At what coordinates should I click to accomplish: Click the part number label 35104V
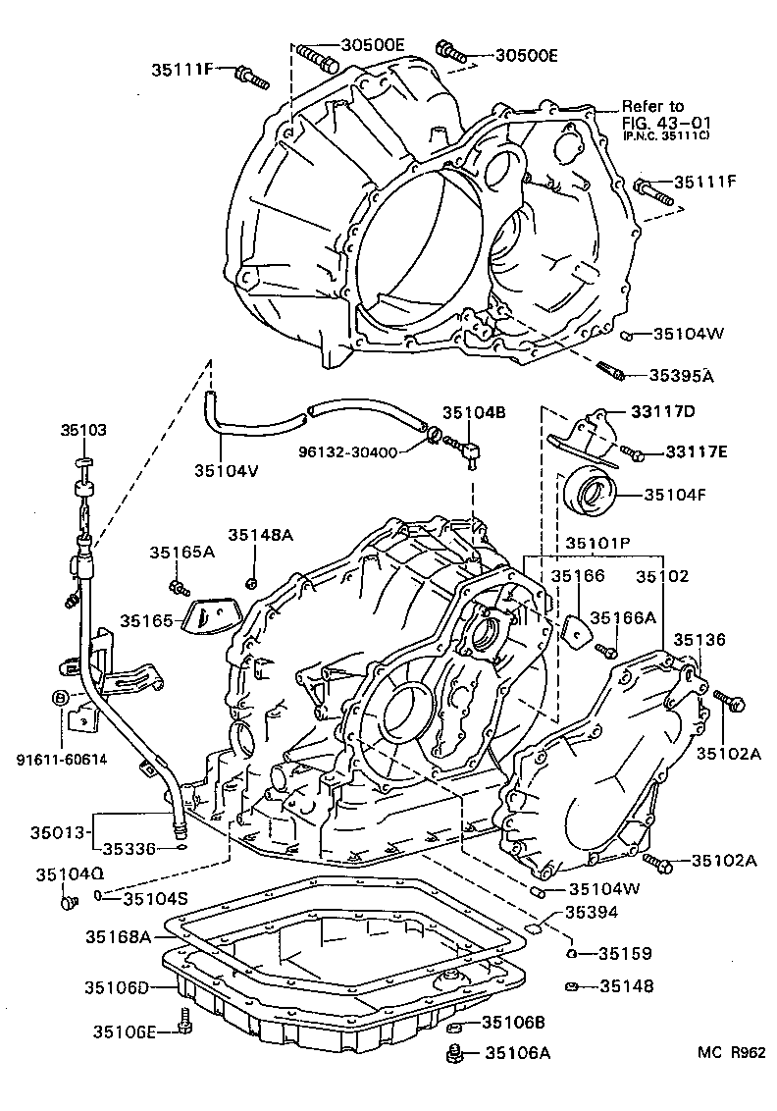226,470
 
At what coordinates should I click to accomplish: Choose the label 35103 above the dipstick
84,430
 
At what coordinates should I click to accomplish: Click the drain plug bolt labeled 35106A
453,1055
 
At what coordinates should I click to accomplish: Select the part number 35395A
681,375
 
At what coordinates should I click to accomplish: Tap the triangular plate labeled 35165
211,617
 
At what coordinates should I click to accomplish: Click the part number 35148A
261,535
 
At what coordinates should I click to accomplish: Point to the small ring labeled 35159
571,953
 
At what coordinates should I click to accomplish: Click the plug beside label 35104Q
69,900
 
